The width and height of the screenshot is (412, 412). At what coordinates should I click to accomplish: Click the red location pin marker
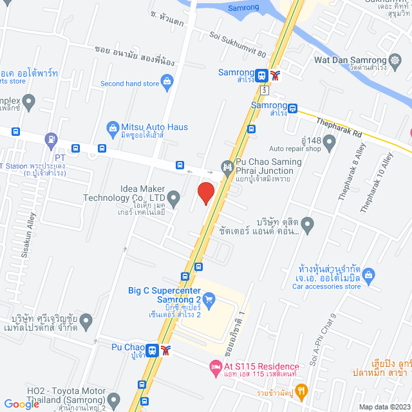coord(205,193)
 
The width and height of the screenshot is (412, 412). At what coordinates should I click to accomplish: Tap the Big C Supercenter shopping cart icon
coord(209,299)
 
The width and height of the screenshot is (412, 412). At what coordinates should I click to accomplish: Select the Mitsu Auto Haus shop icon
coord(113,127)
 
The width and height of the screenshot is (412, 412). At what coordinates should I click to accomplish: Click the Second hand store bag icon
coord(167,82)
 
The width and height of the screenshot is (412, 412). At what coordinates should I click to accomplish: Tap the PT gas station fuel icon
coord(51,138)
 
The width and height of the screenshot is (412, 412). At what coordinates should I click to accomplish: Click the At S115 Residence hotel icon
coord(216,367)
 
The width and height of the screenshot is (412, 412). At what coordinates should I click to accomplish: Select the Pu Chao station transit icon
coord(153,351)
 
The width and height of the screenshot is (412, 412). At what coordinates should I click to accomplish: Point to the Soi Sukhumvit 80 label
coord(238,46)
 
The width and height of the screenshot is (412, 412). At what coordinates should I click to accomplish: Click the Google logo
coord(21,404)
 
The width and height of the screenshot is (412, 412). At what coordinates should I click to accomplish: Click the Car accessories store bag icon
coord(369,276)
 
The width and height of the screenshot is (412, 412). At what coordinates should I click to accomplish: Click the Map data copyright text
coord(384,407)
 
